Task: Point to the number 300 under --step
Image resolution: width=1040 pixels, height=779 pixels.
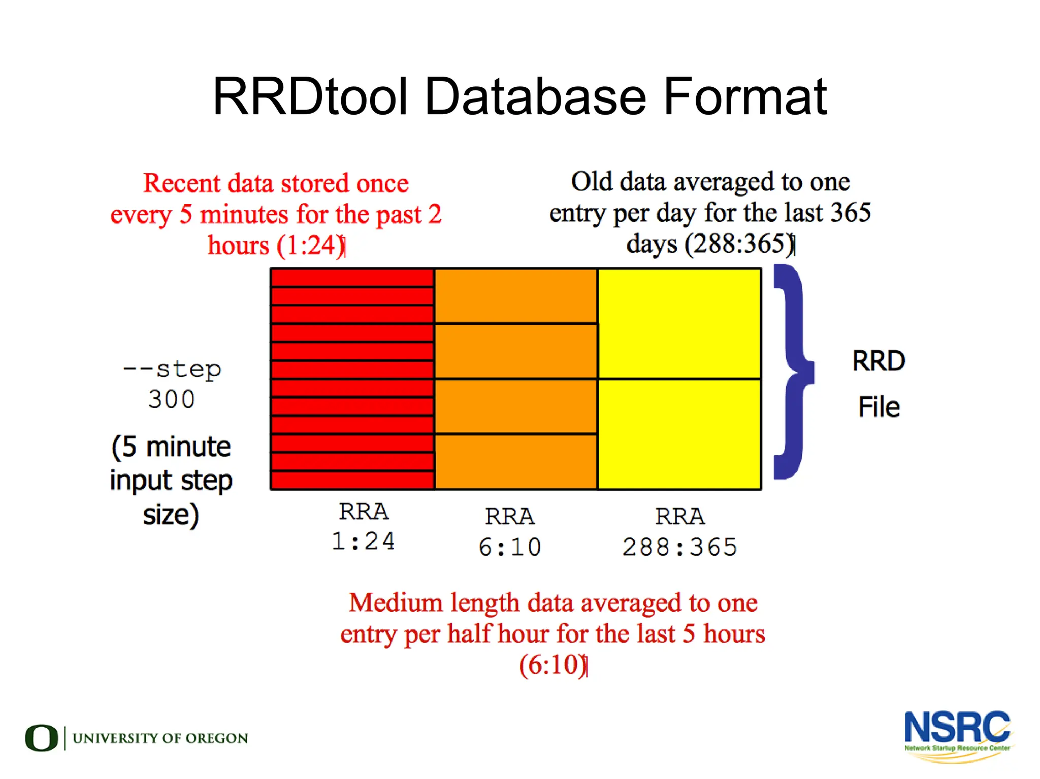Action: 172,399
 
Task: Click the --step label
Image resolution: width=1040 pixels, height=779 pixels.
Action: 172,369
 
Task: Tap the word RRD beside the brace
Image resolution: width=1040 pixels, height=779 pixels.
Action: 879,361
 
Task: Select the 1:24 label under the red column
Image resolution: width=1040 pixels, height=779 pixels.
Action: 363,541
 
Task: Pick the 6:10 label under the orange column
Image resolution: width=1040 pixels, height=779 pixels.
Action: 510,547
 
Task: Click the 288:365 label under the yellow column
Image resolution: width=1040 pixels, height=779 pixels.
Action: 679,547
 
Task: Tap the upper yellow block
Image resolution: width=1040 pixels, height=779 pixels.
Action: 679,324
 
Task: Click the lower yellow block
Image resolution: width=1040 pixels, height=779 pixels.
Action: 679,434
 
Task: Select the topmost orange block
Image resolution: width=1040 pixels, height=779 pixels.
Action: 515,296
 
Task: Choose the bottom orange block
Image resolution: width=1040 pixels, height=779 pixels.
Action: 515,461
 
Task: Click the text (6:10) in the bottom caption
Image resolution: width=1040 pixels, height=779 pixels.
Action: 552,665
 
